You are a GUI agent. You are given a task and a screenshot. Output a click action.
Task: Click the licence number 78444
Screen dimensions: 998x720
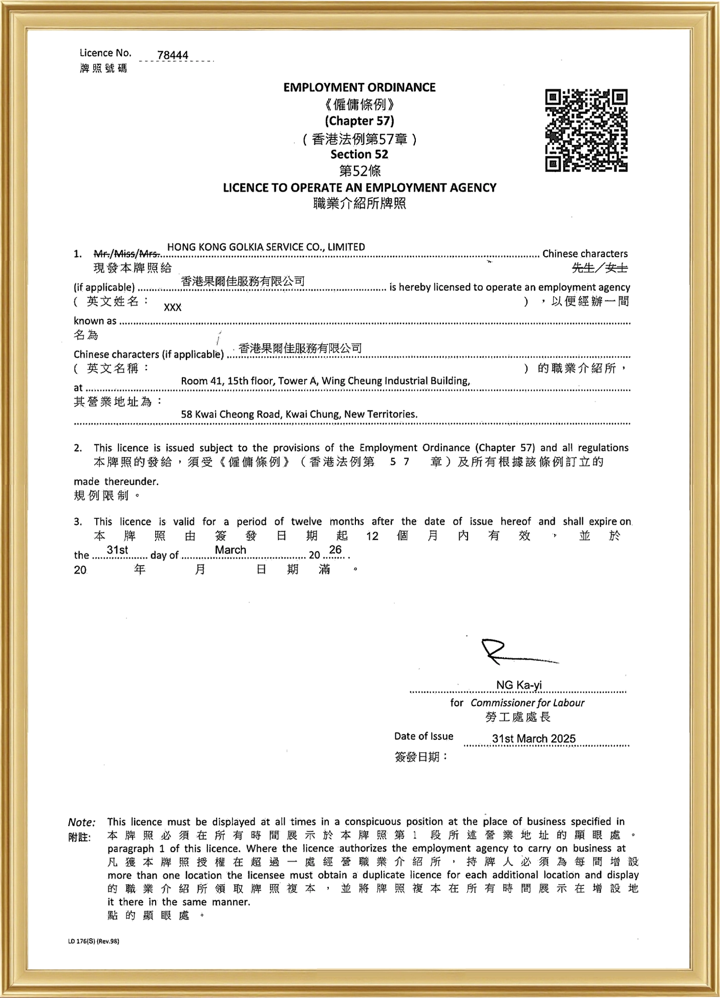173,55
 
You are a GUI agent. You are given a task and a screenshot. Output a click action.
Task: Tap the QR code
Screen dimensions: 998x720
586,130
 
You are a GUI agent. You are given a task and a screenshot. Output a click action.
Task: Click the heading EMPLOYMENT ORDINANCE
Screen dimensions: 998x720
359,88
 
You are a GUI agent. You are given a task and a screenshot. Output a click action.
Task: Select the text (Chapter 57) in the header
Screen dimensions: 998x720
359,121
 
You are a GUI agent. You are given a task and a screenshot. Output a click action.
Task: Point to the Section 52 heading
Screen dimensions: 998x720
359,154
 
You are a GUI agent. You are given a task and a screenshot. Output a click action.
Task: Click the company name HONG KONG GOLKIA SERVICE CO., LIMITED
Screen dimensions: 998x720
266,247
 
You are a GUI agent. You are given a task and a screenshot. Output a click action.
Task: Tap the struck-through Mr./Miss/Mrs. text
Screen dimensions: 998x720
126,254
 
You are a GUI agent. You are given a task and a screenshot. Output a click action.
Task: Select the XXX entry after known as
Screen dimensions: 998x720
173,307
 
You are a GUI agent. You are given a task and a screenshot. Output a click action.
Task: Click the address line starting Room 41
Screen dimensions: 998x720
325,381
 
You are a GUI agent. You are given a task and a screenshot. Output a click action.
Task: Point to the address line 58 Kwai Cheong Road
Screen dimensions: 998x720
299,414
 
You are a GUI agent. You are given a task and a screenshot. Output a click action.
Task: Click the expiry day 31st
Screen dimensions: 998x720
117,550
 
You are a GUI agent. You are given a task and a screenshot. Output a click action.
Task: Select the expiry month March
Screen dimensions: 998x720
230,550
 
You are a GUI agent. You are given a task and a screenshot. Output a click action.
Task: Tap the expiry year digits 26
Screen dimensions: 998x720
335,550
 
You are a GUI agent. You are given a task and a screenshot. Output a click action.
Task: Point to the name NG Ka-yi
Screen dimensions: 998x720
518,685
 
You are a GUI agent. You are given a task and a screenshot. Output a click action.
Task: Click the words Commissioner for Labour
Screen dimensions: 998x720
527,703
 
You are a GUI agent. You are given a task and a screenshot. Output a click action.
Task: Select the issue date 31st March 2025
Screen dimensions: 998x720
534,739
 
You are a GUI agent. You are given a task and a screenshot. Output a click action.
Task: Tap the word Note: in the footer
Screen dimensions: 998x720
81,823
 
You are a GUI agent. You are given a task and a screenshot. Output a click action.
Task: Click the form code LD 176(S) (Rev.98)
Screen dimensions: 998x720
93,941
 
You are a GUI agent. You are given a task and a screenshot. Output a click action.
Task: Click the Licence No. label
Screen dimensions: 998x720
105,53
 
